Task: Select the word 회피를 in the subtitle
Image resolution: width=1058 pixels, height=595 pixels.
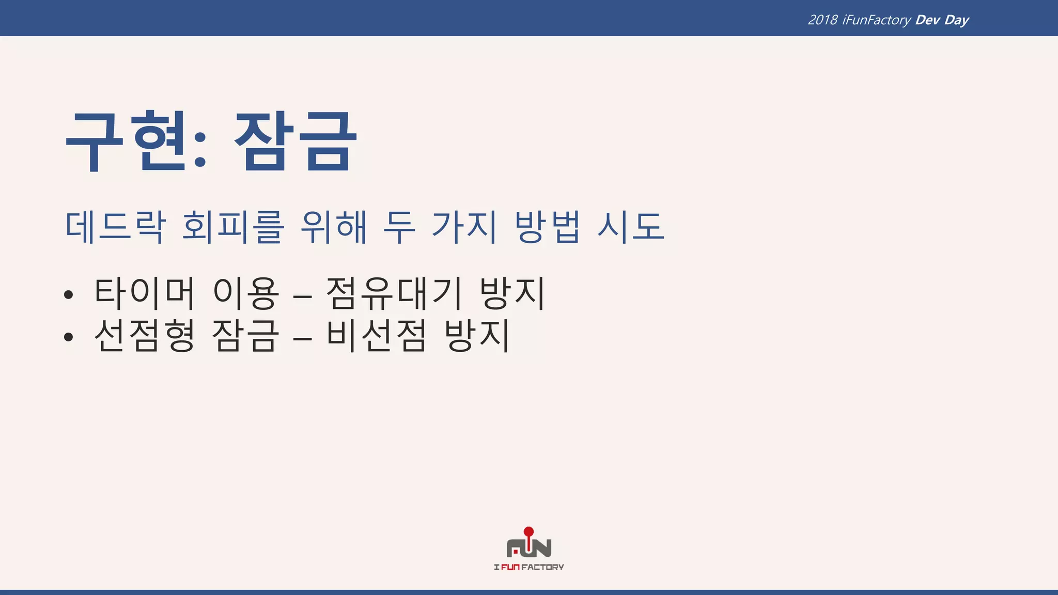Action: point(233,227)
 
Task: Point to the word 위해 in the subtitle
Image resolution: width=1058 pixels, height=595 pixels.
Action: point(334,227)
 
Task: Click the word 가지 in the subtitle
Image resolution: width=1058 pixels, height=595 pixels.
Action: point(464,227)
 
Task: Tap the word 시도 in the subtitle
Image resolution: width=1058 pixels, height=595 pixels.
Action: point(630,227)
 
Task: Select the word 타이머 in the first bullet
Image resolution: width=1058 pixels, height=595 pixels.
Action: point(145,293)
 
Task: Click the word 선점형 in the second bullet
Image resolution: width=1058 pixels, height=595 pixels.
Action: point(145,335)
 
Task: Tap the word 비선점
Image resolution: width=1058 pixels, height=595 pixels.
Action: point(377,335)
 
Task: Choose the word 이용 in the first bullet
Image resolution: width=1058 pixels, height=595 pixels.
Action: point(246,293)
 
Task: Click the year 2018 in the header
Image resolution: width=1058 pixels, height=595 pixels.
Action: point(822,20)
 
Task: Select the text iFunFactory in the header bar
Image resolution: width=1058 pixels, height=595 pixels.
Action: point(876,20)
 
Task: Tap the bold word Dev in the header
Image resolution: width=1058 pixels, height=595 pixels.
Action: point(927,20)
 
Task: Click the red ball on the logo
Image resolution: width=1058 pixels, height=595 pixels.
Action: point(528,531)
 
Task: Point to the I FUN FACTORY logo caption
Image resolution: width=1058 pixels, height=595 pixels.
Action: point(529,567)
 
